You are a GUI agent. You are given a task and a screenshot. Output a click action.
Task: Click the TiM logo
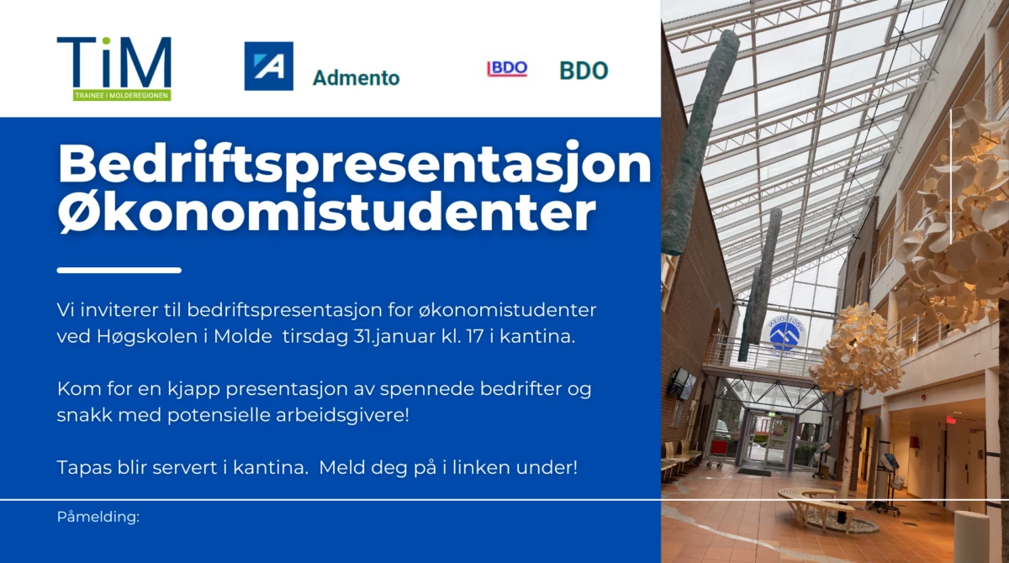114,69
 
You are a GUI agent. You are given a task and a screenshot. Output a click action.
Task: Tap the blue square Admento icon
268,66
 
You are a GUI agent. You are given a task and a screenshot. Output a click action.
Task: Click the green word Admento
356,78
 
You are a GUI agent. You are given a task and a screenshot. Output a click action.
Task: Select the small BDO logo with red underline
507,68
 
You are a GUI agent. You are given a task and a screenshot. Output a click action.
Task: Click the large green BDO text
584,71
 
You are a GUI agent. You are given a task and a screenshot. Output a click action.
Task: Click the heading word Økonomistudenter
327,211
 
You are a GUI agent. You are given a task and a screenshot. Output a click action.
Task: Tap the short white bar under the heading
119,271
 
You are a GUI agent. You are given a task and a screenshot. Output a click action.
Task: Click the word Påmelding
98,517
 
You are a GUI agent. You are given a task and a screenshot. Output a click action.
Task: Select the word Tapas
84,468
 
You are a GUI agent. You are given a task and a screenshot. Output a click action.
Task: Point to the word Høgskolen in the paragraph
147,337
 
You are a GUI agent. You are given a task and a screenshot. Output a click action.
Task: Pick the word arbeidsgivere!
342,415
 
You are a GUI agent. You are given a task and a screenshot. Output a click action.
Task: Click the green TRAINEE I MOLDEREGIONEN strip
122,96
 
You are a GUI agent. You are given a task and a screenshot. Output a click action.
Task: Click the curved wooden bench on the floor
816,503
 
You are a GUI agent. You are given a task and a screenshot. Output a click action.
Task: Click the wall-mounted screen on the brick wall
683,383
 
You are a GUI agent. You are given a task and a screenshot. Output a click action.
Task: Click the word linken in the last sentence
481,467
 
